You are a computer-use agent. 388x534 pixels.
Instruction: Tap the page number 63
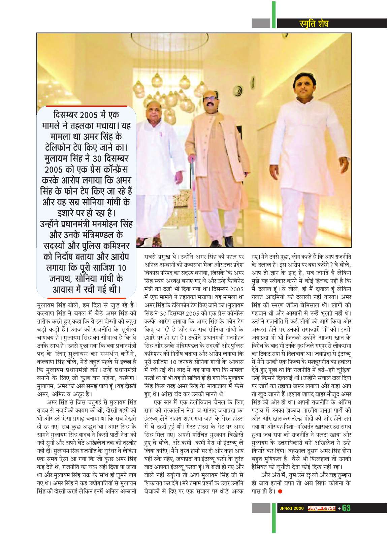[346, 508]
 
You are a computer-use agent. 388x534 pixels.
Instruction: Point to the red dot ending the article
[280, 491]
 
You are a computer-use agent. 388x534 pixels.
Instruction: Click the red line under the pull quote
[86, 298]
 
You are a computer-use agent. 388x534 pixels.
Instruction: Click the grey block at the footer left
[261, 508]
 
